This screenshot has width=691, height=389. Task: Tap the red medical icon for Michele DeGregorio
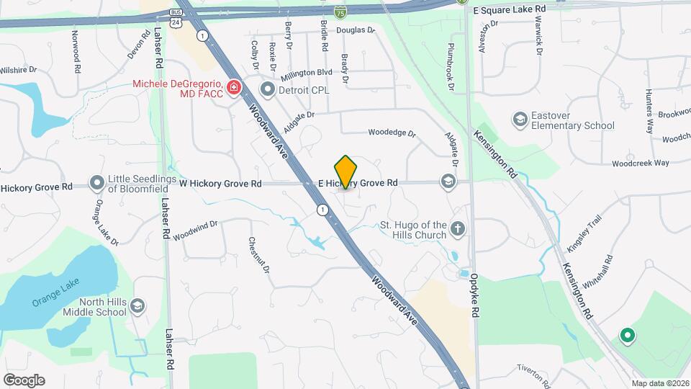[x=233, y=88]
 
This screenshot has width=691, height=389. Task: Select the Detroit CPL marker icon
[x=268, y=90]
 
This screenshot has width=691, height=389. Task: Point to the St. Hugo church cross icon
[x=458, y=229]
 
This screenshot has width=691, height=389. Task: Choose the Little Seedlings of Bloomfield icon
[x=97, y=184]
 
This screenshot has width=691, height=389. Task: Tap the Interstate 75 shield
[x=340, y=12]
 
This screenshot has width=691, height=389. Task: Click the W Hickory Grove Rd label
[x=220, y=184]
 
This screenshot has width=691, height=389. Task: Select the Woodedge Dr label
[x=392, y=133]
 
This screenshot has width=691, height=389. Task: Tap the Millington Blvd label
[x=307, y=73]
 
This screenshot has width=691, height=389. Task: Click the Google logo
[x=24, y=380]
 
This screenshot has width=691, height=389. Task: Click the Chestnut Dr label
[x=258, y=255]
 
